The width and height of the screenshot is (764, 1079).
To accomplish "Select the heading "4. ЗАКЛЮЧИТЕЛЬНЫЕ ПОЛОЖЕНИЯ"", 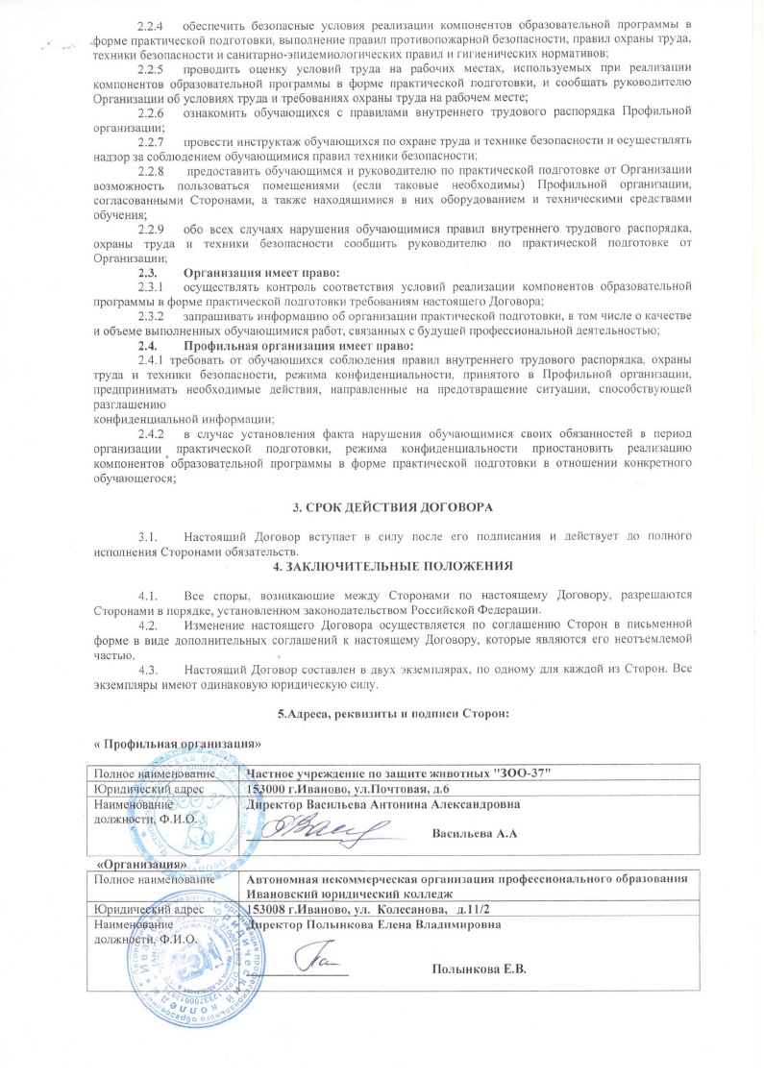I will click(382, 565).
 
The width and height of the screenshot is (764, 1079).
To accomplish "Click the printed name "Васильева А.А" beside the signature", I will click(476, 833).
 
